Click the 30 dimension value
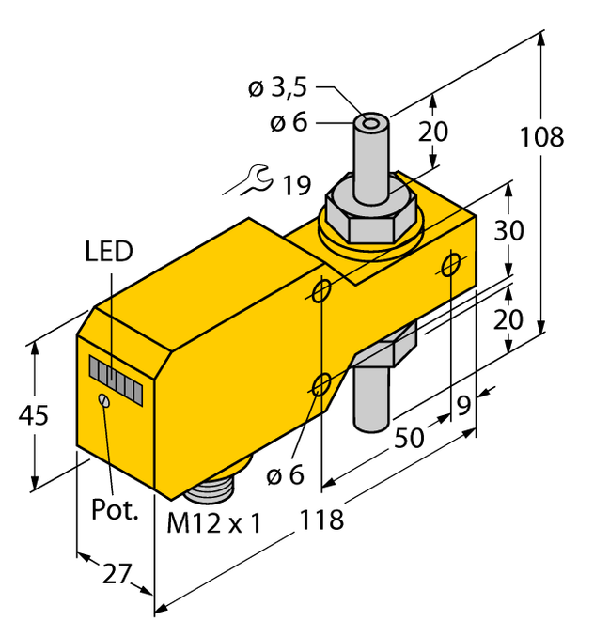point(508,231)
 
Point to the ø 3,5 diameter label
point(278,89)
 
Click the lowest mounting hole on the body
point(321,383)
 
